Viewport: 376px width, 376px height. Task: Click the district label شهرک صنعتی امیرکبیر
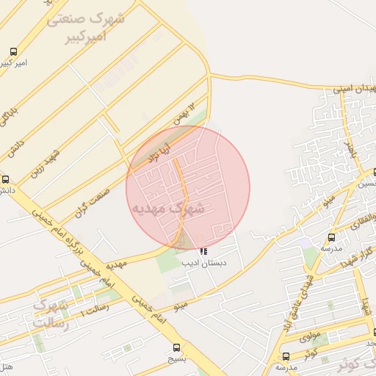(85, 26)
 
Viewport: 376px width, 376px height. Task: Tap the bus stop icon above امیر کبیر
(14, 52)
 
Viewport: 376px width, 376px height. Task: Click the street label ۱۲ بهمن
(186, 115)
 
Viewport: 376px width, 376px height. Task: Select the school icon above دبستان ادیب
(203, 253)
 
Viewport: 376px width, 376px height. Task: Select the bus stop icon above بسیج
(176, 347)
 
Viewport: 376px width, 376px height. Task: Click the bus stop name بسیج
(176, 359)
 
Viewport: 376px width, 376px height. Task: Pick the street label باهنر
(350, 151)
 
